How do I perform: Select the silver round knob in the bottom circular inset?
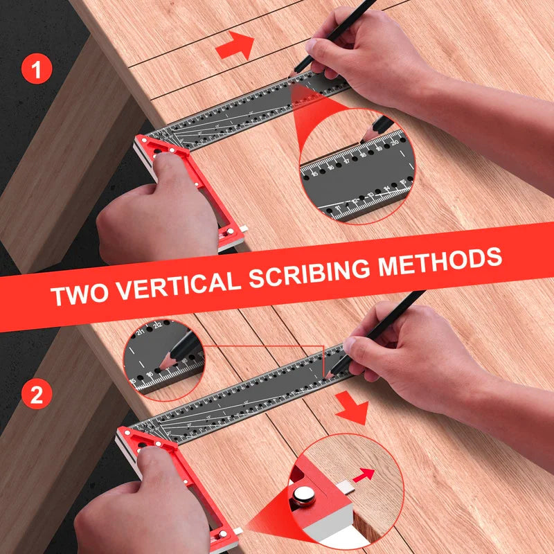coord(303,496)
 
